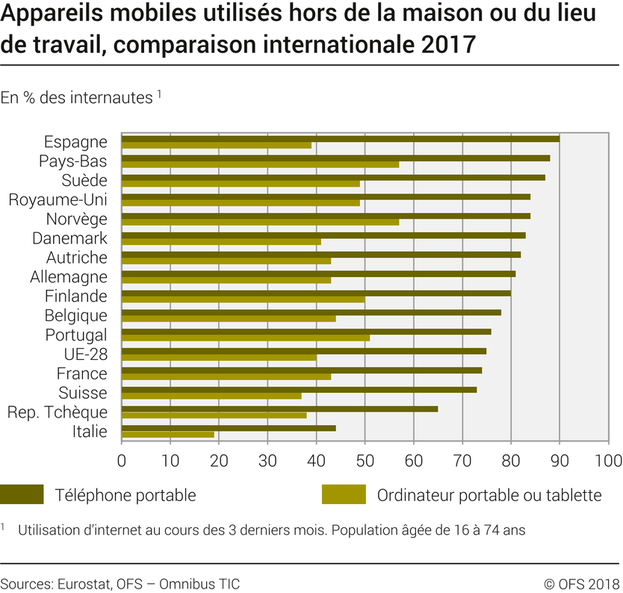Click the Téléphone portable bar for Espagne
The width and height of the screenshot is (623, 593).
point(341,138)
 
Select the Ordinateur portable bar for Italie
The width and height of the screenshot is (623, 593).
point(168,434)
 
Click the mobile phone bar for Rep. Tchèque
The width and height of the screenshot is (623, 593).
point(279,409)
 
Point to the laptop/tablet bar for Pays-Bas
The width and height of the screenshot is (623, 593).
point(260,164)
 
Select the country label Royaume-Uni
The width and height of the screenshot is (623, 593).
point(58,199)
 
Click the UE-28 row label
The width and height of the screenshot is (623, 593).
point(86,354)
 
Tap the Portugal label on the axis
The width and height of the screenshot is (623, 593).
point(76,335)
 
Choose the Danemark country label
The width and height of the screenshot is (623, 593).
point(69,238)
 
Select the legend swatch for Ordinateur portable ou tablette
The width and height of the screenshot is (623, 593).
point(344,494)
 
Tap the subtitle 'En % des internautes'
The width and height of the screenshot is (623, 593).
point(77,98)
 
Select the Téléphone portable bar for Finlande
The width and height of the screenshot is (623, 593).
point(316,293)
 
